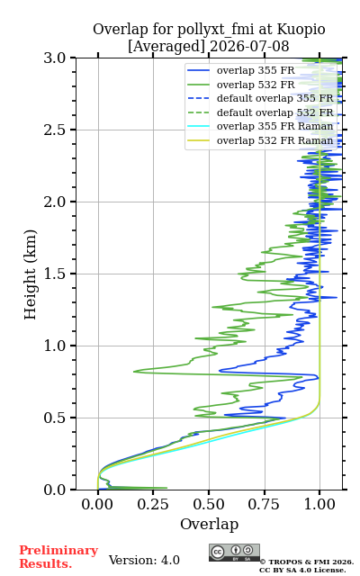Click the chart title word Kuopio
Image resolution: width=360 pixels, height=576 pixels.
[301, 30]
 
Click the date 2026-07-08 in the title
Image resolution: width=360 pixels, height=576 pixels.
[249, 47]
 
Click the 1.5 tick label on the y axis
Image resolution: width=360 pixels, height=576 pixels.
[55, 274]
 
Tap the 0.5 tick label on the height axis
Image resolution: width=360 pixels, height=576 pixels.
[55, 418]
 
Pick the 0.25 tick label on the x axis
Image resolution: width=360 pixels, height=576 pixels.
[153, 504]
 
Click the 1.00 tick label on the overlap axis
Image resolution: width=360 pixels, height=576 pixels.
[319, 504]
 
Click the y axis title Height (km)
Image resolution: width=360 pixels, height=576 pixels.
[31, 274]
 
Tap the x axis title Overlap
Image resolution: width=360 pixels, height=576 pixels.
[210, 524]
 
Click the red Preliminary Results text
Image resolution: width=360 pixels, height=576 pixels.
[58, 557]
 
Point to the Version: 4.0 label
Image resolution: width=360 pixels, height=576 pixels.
[144, 560]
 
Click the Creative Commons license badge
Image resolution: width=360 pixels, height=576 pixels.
[234, 553]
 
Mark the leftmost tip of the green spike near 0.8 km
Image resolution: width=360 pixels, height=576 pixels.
[133, 372]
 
